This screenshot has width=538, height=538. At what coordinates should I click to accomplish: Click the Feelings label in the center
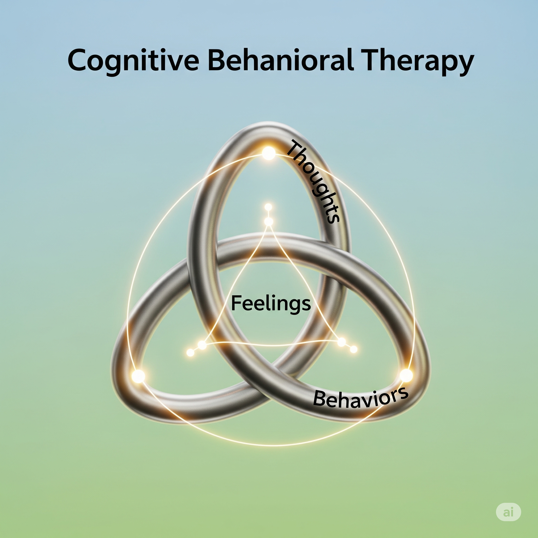[271, 303]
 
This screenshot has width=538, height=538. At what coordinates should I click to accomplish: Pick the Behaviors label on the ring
[361, 398]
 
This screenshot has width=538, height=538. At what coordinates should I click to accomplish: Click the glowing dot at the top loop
[269, 153]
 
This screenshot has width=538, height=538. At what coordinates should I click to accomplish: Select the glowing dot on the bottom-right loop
[406, 375]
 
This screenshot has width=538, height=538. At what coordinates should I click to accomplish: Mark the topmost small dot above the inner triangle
[268, 207]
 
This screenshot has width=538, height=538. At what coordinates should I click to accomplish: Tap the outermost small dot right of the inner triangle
[354, 349]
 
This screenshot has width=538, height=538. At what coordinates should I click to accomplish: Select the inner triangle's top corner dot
[269, 222]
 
